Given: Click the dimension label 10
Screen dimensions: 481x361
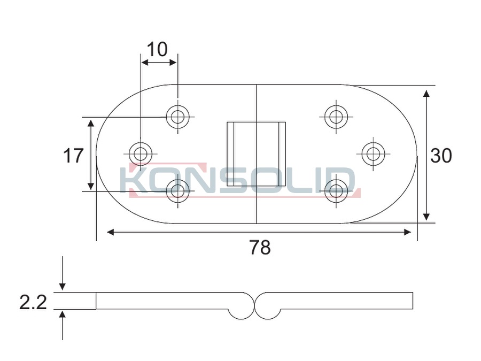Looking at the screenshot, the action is click(157, 49).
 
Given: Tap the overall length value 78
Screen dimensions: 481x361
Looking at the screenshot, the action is click(260, 248).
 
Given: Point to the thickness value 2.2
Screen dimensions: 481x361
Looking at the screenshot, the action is click(33, 302).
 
